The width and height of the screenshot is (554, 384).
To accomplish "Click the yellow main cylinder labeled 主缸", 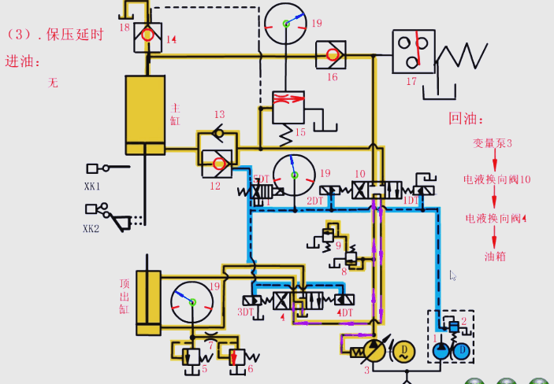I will pos(145,115).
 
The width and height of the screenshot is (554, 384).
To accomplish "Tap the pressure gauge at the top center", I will pos(285,24).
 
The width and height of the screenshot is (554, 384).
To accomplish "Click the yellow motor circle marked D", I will pos(404,351).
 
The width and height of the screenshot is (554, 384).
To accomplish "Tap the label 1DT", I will pos(411,201).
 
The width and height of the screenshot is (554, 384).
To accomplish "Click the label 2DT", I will pos(315,201).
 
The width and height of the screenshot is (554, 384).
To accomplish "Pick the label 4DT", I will pos(345,312).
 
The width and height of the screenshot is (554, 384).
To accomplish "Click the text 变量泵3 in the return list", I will pos(493,143).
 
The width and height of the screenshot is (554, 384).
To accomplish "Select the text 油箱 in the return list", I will pos(495,256).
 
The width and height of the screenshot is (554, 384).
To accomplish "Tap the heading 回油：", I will pos(464,119).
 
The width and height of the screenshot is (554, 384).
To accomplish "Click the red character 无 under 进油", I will pos(53,82).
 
